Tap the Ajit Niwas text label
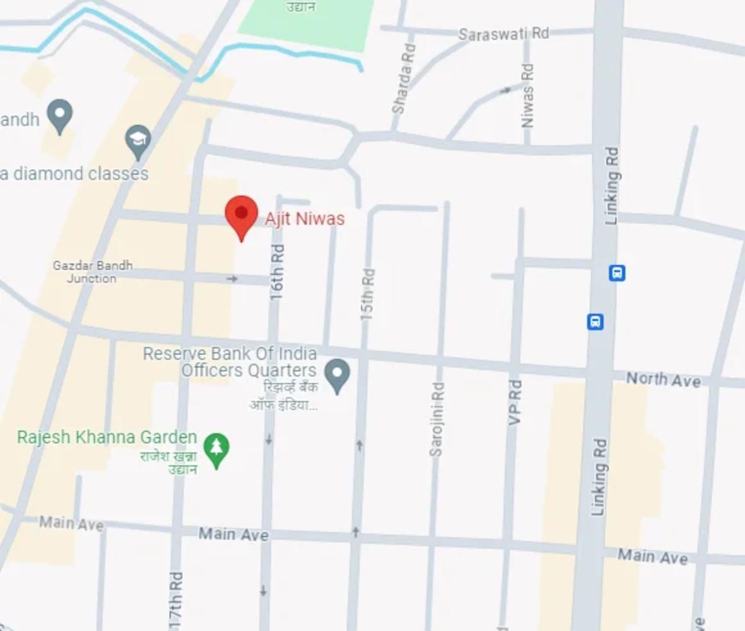(305, 219)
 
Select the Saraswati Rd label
(503, 34)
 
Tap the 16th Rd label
(277, 271)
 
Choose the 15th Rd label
(368, 294)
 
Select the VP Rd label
(515, 402)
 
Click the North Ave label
(663, 379)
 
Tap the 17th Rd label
(176, 599)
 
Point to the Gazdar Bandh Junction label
(92, 272)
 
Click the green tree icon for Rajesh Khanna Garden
(216, 449)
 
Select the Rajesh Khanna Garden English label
(107, 437)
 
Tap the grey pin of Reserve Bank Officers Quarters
(337, 375)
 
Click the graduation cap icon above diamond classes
(138, 141)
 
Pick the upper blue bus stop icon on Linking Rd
(617, 273)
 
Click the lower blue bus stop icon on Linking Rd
(595, 322)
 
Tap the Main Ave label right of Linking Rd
(652, 557)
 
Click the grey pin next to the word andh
(60, 115)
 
